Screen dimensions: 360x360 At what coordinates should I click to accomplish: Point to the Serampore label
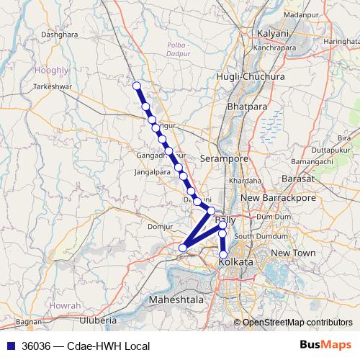coord(224,158)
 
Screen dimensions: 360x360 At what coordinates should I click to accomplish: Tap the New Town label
coord(294,253)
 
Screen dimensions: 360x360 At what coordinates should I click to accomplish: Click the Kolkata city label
coord(235,262)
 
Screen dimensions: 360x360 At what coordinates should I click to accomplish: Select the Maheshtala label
coord(175,298)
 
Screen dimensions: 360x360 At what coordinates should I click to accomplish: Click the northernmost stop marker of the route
coord(137,86)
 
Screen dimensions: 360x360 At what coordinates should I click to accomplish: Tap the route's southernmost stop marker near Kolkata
coord(223,254)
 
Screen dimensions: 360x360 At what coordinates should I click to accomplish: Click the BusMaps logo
coord(325,346)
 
